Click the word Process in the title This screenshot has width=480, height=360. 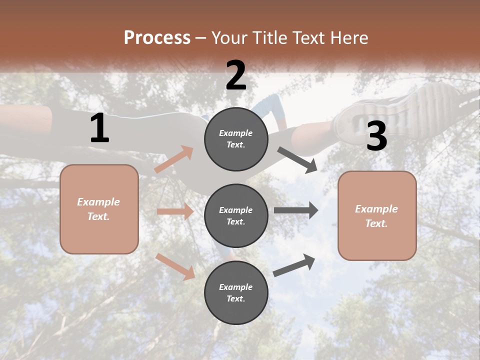(x=157, y=38)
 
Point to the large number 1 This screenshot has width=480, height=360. (x=99, y=128)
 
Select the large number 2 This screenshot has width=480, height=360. (x=236, y=75)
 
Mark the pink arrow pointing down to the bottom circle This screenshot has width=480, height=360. (x=175, y=266)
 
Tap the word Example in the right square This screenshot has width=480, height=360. (x=376, y=209)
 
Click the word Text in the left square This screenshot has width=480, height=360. (x=98, y=216)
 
